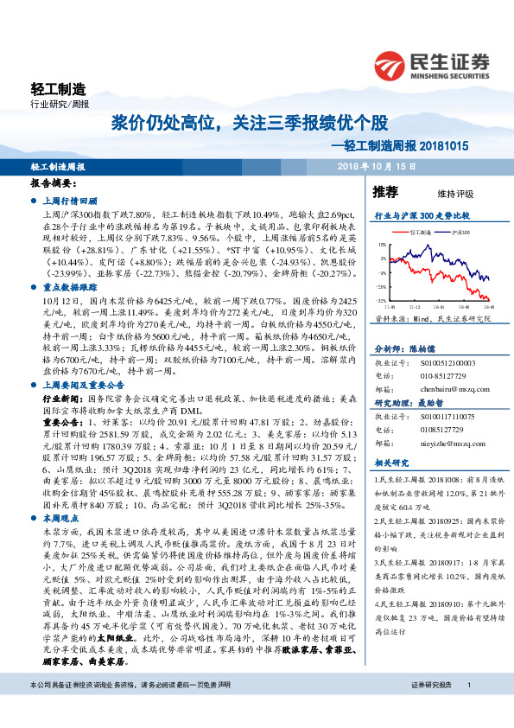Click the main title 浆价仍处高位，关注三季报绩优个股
pyautogui.click(x=244, y=124)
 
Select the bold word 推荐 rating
pyautogui.click(x=385, y=191)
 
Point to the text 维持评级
pyautogui.click(x=443, y=194)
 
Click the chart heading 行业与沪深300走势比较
pyautogui.click(x=421, y=214)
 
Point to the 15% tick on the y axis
pyautogui.click(x=382, y=245)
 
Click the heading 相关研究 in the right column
pyautogui.click(x=388, y=464)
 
